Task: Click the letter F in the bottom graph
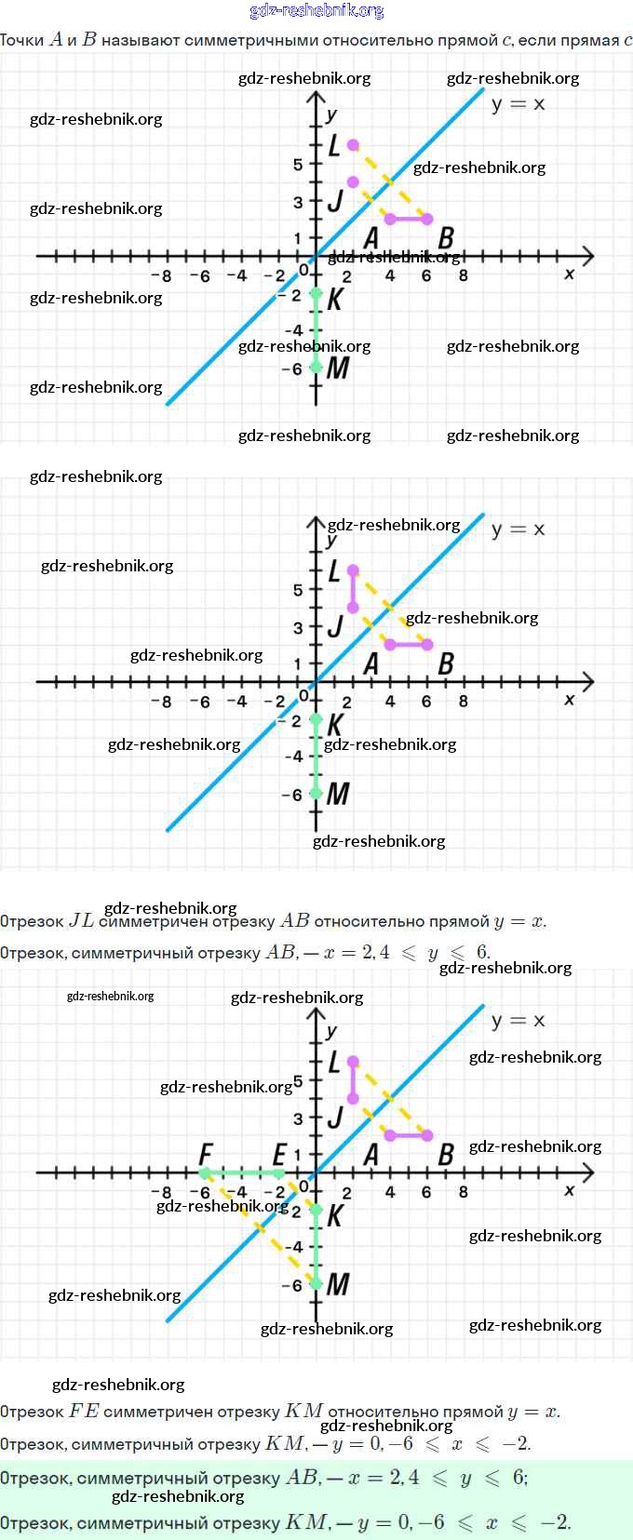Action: pyautogui.click(x=206, y=1154)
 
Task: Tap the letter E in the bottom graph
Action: pyautogui.click(x=279, y=1154)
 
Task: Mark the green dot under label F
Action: pyautogui.click(x=205, y=1173)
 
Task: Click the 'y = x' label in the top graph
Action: pyautogui.click(x=519, y=104)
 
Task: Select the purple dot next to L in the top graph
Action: pyautogui.click(x=353, y=145)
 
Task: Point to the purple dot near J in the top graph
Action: pyautogui.click(x=353, y=182)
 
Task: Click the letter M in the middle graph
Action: pyautogui.click(x=338, y=794)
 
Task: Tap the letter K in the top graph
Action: pyautogui.click(x=335, y=299)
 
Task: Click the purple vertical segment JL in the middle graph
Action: pyautogui.click(x=353, y=589)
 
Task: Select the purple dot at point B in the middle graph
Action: pyautogui.click(x=427, y=644)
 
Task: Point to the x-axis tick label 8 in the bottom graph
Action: pyautogui.click(x=464, y=1192)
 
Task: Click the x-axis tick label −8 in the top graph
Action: pyautogui.click(x=162, y=275)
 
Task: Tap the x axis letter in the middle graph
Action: pyautogui.click(x=570, y=700)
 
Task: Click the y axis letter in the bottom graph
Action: pyautogui.click(x=331, y=1031)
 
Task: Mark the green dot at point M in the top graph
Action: pyautogui.click(x=316, y=368)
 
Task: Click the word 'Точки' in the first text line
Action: pyautogui.click(x=22, y=40)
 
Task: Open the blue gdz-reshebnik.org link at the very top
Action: pyautogui.click(x=316, y=11)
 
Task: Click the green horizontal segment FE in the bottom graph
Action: pyautogui.click(x=242, y=1173)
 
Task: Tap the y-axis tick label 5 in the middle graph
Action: pyautogui.click(x=298, y=590)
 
